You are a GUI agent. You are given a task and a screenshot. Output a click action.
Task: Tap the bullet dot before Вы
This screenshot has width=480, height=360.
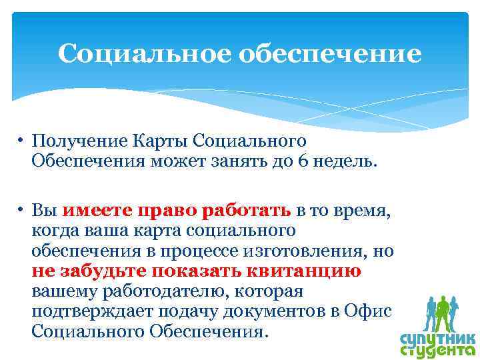[x=22, y=211]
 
